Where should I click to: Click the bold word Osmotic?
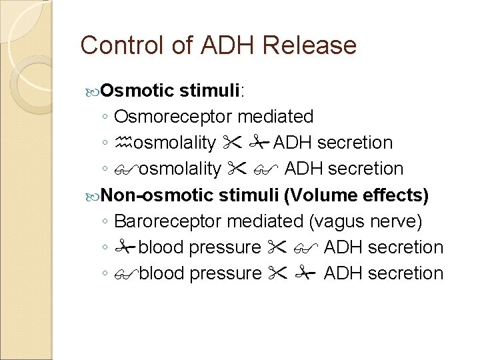tap(138, 90)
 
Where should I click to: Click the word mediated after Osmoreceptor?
tap(275, 117)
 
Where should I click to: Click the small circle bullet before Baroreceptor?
tap(107, 221)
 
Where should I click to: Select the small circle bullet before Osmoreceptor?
tap(107, 117)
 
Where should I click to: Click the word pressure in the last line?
tap(225, 273)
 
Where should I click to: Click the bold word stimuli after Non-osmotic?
tap(250, 195)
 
